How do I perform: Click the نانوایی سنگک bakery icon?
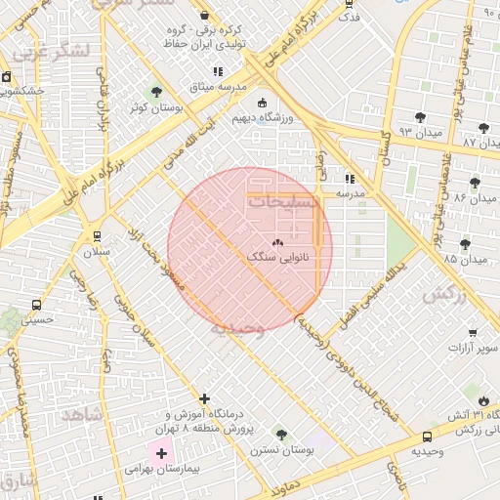276,242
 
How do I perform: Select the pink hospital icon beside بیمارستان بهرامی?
161,454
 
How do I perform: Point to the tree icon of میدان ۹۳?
420,117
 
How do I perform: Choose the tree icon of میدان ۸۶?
476,183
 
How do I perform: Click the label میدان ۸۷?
480,143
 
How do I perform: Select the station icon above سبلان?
97,235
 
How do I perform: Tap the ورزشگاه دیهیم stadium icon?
262,104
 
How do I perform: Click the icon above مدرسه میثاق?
218,72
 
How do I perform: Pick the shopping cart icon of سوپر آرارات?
473,332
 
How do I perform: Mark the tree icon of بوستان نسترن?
281,434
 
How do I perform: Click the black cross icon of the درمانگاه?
204,398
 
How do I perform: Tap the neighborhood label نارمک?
441,293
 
